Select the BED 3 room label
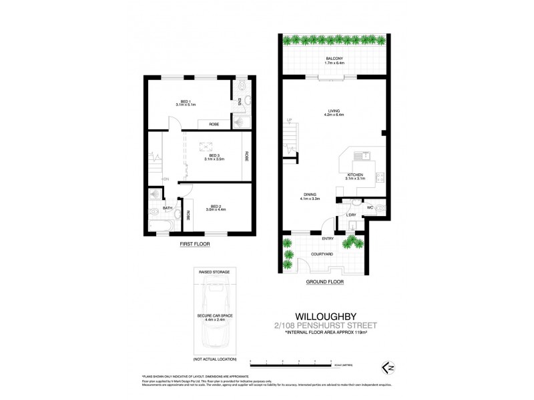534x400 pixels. (x=213, y=155)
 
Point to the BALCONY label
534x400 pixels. (x=334, y=59)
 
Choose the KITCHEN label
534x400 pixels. (x=354, y=175)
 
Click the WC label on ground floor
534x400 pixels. (x=368, y=208)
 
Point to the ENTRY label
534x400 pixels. (x=328, y=238)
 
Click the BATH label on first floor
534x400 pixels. (x=168, y=208)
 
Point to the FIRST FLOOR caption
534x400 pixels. (x=194, y=245)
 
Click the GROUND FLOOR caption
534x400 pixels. (x=324, y=282)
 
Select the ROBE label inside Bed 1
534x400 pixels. (x=214, y=125)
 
